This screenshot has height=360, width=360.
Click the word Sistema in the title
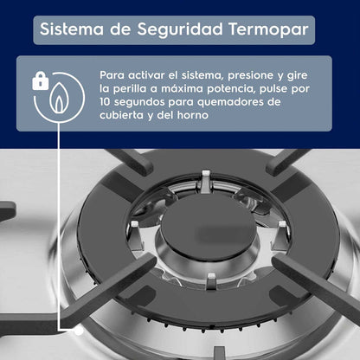(72, 29)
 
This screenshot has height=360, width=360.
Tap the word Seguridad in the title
(180, 29)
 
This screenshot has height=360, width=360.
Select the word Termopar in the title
(268, 29)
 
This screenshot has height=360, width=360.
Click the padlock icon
(41, 80)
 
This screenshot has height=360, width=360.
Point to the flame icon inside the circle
(59, 98)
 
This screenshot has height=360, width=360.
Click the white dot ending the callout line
(79, 331)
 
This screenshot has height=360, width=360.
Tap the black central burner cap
(209, 228)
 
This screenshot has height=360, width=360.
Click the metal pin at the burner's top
(206, 182)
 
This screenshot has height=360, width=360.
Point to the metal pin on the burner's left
(137, 234)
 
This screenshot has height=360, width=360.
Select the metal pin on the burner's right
(280, 235)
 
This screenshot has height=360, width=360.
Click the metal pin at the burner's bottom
(211, 281)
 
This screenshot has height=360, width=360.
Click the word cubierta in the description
(121, 115)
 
